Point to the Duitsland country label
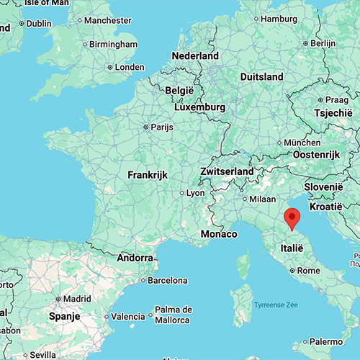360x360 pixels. coord(261,76)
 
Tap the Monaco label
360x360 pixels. coord(220,235)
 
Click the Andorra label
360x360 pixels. coord(134,257)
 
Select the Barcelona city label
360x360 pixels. coord(168,280)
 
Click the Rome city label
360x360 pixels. coord(307,271)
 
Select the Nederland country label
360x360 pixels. coord(195,55)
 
